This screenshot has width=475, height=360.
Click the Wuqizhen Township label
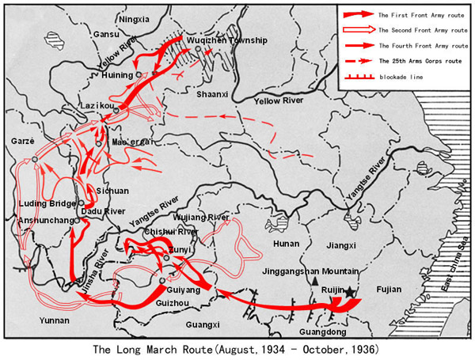tap(227, 40)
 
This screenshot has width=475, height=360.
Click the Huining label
tap(118, 75)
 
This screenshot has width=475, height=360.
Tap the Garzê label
tap(20, 140)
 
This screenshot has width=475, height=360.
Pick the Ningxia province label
tap(133, 19)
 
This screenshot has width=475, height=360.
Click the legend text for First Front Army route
tap(417, 15)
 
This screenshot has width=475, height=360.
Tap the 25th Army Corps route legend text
tap(418, 60)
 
